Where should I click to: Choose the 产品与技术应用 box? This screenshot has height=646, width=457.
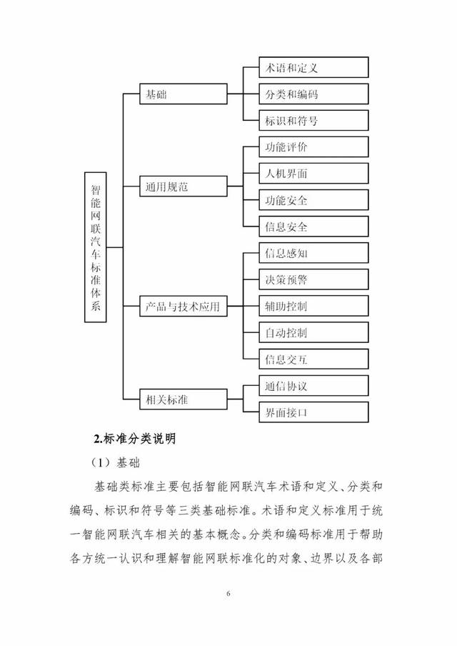click(182, 307)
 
